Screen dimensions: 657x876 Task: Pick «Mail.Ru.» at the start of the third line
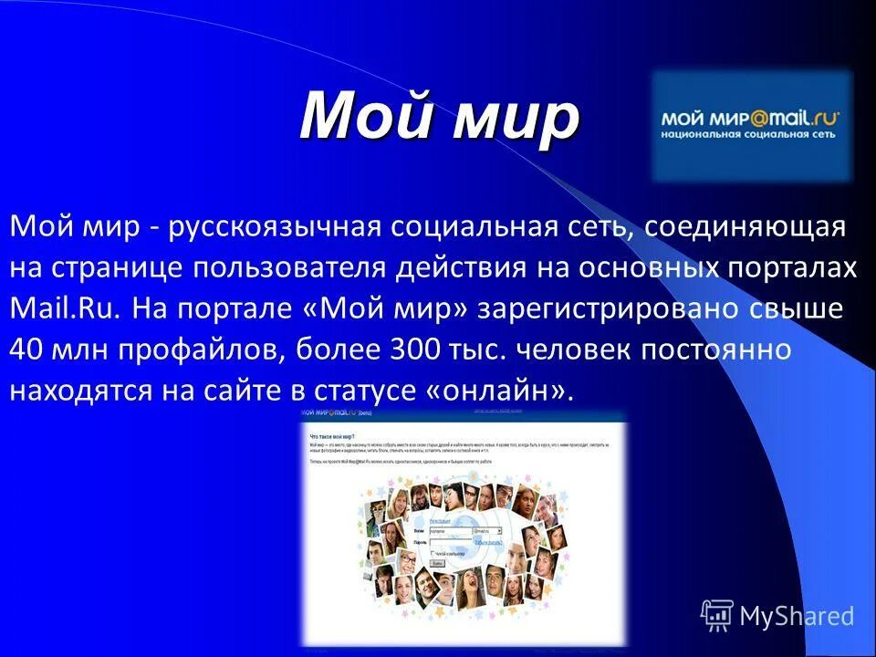click(65, 308)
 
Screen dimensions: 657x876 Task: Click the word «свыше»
click(801, 308)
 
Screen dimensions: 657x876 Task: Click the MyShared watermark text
click(796, 616)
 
